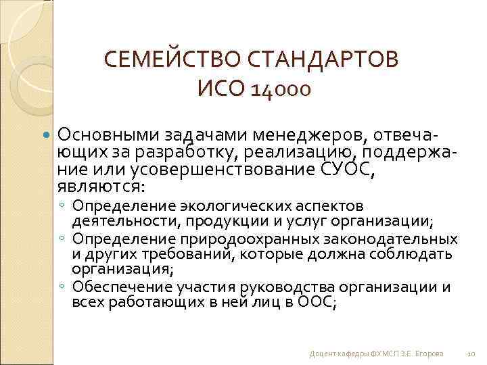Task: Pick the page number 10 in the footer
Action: point(471,354)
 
